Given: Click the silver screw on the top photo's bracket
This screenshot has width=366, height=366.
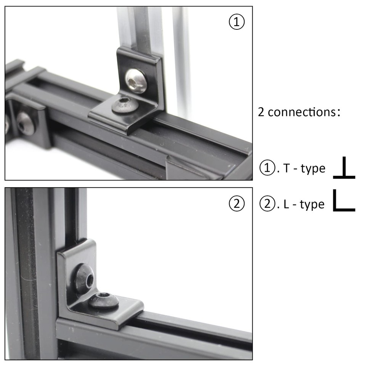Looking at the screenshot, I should pos(136,81).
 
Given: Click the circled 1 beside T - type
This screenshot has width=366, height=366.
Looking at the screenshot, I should pos(266,168).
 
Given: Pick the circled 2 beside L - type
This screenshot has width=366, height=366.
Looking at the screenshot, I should pos(266,204).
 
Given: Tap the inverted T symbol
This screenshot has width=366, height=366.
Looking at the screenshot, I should pos(344,168).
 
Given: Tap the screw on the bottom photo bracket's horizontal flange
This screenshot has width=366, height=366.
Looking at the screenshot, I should pos(104,300).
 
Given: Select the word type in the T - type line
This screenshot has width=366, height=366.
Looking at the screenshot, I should pos(313,169).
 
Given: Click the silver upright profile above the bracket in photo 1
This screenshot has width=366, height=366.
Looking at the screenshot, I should pos(139,27).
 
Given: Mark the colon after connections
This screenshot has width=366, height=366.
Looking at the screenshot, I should pos(339,113).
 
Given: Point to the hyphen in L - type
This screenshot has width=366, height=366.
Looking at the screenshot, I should pos(294,205).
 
